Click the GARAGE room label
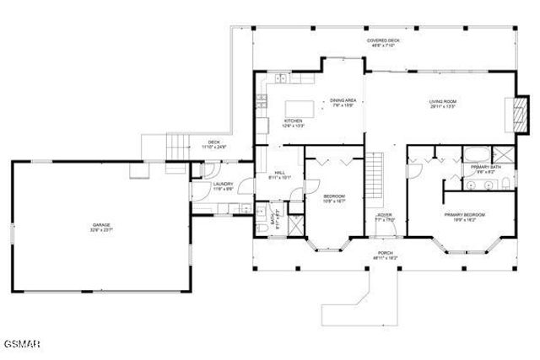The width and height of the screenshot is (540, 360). coord(102,223)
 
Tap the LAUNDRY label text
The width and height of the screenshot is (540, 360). coord(223,184)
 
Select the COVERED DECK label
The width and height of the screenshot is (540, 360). coord(382,40)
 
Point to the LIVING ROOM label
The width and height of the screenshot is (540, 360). coord(443,102)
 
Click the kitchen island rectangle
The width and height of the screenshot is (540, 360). coord(297,107)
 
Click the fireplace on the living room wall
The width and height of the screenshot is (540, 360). coord(508,114)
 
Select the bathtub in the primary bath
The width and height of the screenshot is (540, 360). coord(475,153)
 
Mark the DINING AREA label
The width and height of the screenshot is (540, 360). coord(343,100)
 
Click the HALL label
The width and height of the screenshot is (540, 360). coord(279,173)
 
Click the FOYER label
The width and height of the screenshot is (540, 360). coord(385,215)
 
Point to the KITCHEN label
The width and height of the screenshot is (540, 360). coord(293,121)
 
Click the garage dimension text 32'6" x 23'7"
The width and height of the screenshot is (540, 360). coord(102,229)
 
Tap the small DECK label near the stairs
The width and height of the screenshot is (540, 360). coord(214,142)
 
